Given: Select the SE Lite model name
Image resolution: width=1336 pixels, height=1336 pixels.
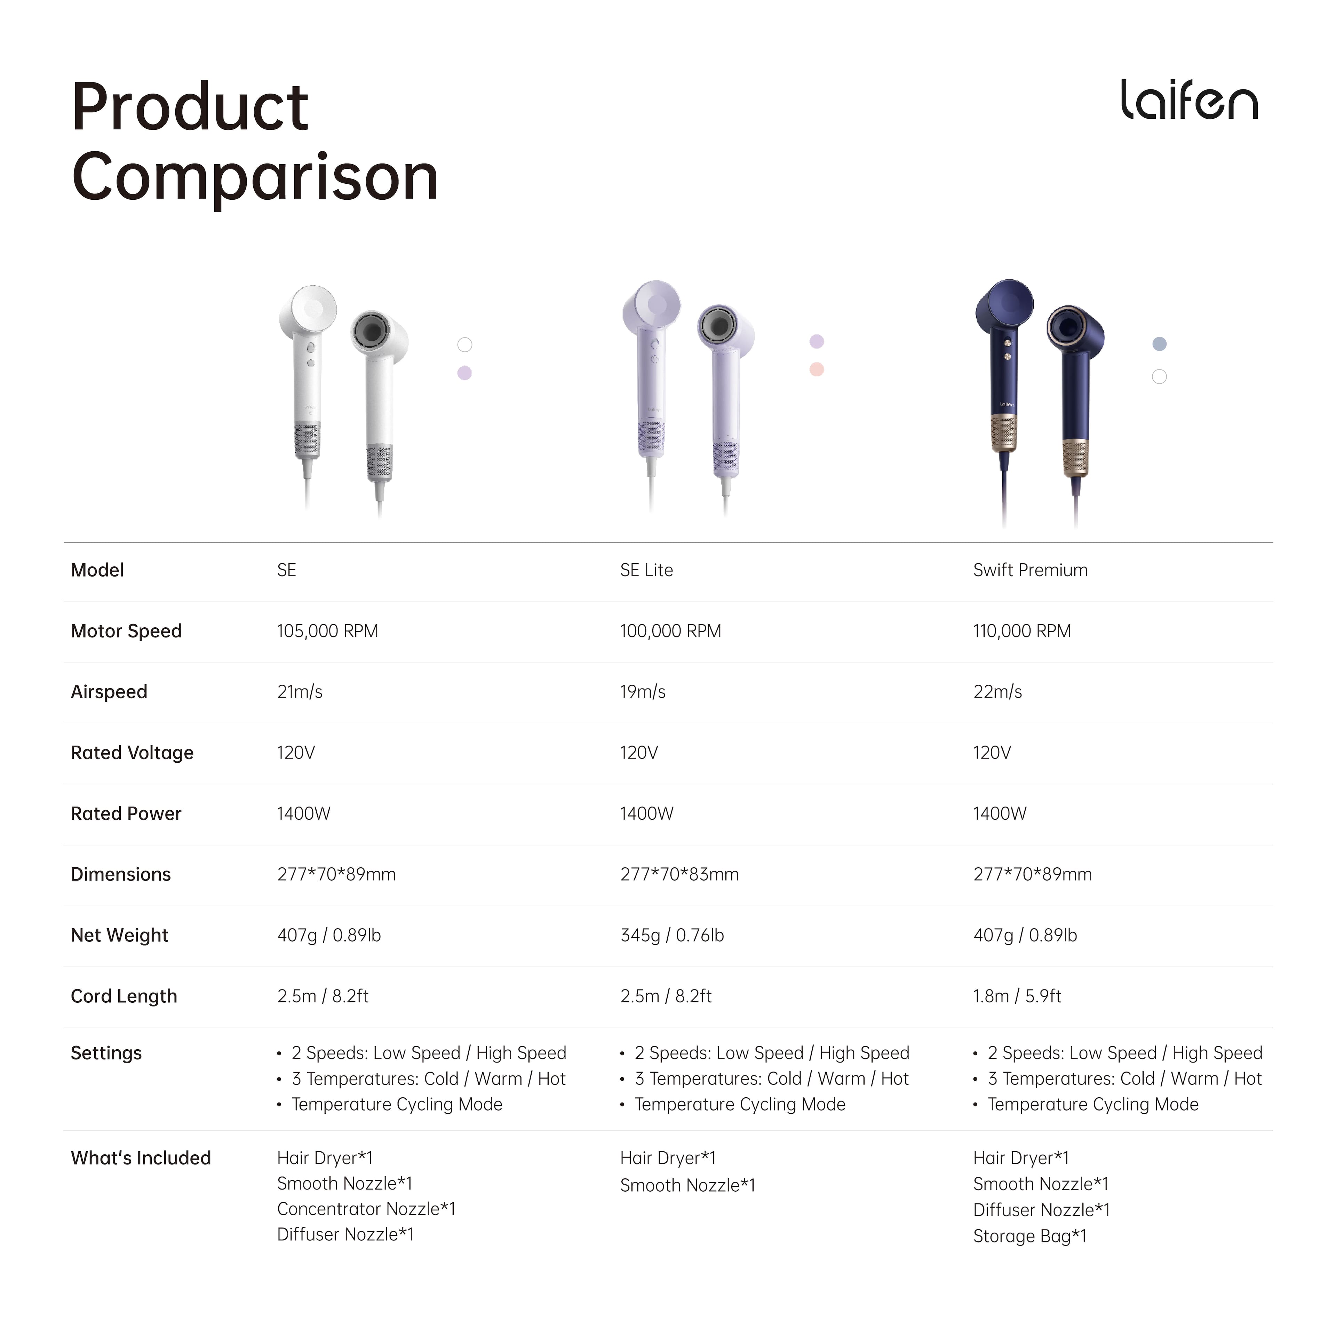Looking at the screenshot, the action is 646,571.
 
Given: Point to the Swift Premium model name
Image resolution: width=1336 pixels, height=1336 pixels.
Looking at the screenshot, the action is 1030,571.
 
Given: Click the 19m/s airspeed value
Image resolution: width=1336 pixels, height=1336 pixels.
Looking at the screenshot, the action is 642,692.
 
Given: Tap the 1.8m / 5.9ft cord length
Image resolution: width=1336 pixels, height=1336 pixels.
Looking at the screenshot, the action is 1017,996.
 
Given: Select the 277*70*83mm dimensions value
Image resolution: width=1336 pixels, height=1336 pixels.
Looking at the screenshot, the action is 679,875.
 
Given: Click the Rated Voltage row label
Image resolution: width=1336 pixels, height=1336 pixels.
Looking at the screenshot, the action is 132,753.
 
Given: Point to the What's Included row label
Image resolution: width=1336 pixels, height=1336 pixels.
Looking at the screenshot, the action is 140,1158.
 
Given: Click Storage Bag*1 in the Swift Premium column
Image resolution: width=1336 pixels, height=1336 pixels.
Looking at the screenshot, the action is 1030,1236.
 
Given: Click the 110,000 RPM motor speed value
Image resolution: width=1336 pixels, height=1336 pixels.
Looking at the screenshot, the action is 1022,631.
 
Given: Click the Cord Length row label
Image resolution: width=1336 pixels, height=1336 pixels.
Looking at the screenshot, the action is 124,996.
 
